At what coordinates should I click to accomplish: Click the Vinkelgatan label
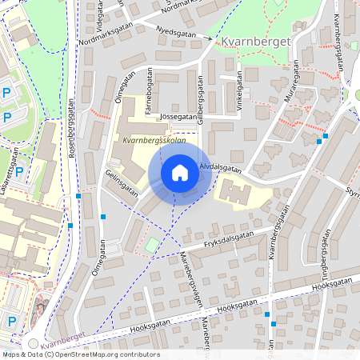tap(238, 93)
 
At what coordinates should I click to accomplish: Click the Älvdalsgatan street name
tap(220, 168)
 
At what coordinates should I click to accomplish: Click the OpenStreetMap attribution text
tap(80, 354)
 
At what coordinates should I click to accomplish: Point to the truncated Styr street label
tap(352, 192)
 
